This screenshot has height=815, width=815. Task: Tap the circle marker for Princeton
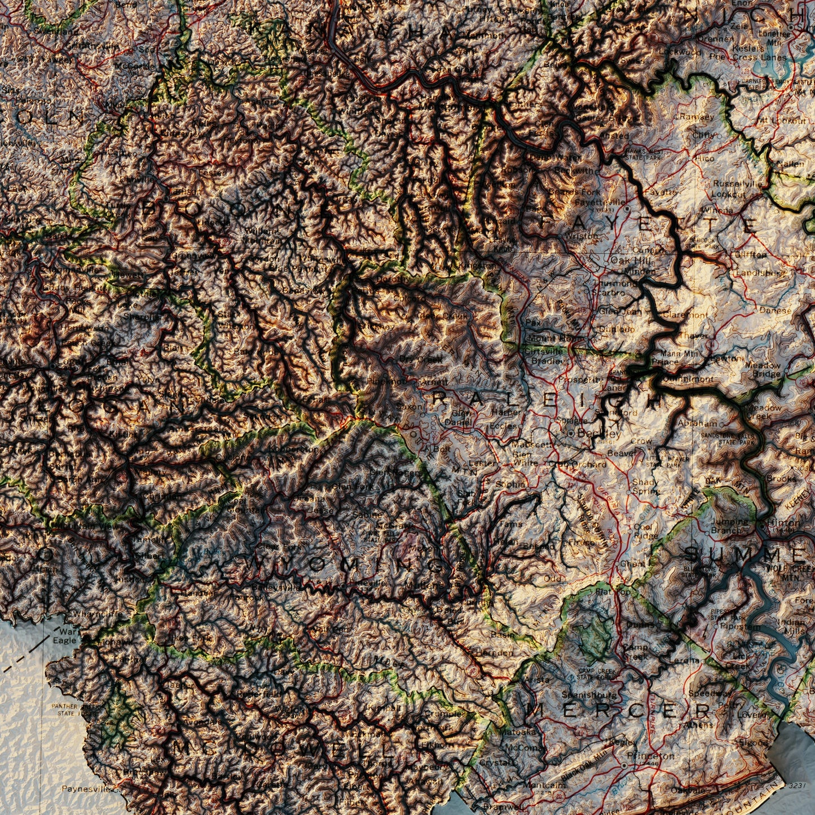pyautogui.click(x=624, y=765)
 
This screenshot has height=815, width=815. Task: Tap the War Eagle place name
pyautogui.click(x=64, y=636)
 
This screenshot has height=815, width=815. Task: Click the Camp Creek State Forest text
pyautogui.click(x=598, y=673)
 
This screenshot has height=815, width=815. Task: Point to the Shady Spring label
pyautogui.click(x=645, y=486)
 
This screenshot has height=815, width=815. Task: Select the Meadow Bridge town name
pyautogui.click(x=763, y=369)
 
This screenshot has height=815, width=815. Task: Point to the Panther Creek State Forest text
pyautogui.click(x=74, y=710)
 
